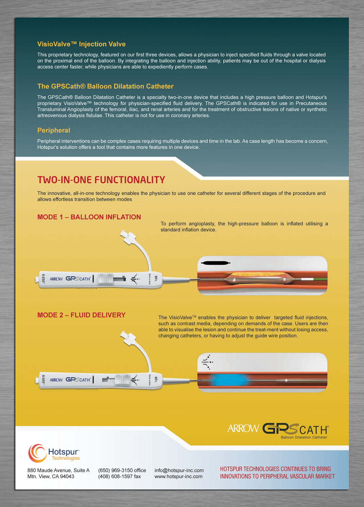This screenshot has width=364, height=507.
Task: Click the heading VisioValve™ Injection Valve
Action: point(81,44)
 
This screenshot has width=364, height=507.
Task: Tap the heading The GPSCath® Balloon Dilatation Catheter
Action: point(105,86)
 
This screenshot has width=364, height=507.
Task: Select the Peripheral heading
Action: point(54,130)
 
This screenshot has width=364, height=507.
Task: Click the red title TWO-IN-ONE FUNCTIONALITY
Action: point(101,180)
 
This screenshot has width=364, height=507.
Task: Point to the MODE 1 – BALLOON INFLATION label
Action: point(89,217)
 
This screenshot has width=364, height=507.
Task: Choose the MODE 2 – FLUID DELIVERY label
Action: point(81,315)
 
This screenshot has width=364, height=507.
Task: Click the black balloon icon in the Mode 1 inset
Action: point(216,263)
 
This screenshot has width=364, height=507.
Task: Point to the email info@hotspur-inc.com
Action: point(179,470)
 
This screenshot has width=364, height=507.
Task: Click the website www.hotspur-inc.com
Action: point(178,476)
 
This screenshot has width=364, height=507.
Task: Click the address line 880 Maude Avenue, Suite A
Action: point(59,470)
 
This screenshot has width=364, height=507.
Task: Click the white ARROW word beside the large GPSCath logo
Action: point(243,428)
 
